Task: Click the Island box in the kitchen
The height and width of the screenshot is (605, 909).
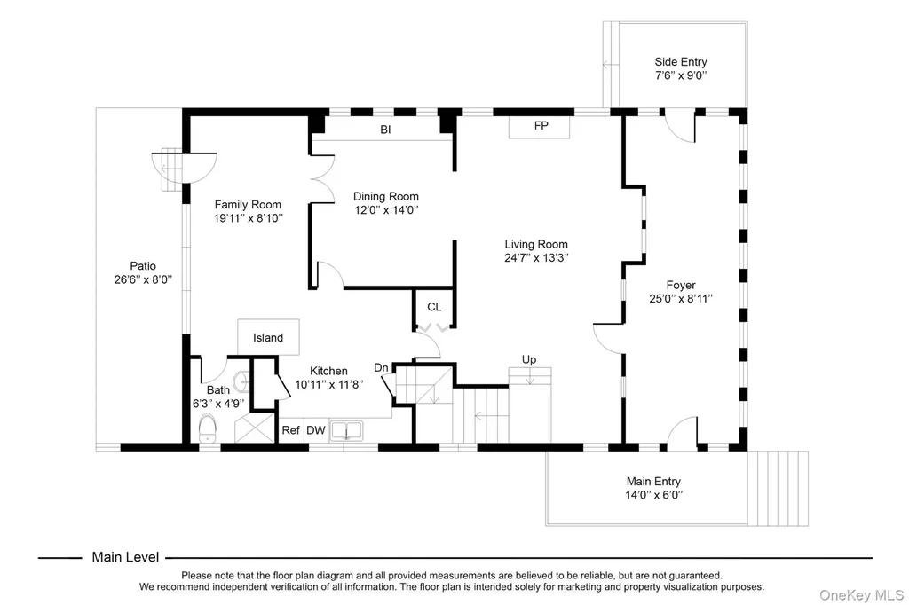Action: pos(268,337)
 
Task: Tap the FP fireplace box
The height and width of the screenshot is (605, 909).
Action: pos(539,126)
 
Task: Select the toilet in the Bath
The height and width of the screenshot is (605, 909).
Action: pos(207,428)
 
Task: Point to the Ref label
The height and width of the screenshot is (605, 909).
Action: pos(290,430)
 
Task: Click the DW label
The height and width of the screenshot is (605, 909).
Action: pos(316,430)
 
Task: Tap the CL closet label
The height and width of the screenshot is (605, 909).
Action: pos(434,307)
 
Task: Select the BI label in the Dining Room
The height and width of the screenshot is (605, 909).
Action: pos(385,130)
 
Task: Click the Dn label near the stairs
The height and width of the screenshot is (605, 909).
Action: pos(381,367)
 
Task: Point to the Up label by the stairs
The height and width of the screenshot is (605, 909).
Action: pos(529,359)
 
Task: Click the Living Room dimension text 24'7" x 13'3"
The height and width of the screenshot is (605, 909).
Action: pos(536,258)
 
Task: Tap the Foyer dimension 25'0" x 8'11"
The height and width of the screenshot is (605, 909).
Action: pos(681,298)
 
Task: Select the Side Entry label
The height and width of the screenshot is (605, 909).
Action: pos(681,61)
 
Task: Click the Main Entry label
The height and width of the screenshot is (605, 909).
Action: pos(653,481)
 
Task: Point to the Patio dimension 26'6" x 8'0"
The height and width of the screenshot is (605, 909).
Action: pos(143,279)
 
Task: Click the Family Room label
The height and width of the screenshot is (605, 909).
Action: pos(248,205)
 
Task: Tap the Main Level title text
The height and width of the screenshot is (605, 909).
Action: pos(125,557)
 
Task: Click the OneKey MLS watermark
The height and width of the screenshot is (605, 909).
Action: pos(861,595)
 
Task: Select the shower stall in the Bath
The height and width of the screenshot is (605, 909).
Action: pos(255,428)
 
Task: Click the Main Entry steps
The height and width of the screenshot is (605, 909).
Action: pos(778,489)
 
